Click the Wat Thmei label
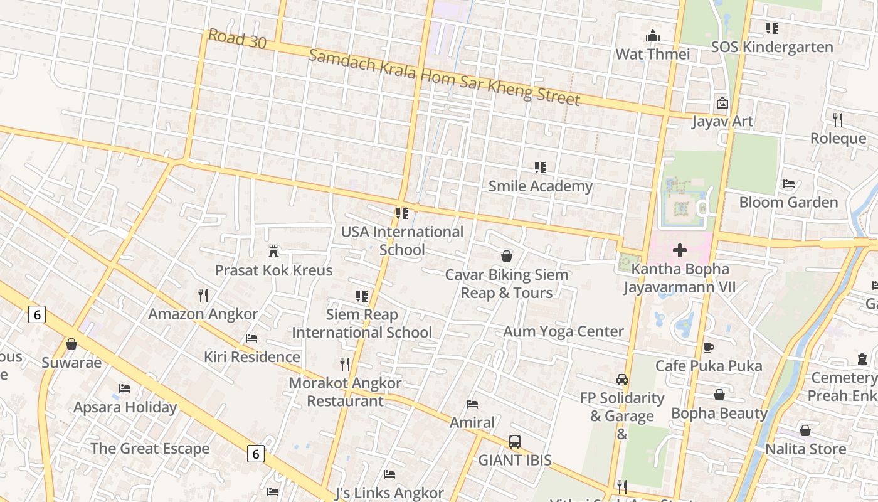point(652,54)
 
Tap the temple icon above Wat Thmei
point(653,36)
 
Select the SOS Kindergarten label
point(771,47)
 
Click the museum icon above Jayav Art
point(722,103)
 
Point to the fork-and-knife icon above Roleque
point(837,119)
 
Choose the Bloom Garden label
point(788,202)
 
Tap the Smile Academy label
point(540,186)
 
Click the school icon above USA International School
point(402,213)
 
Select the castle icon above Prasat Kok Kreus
point(273,252)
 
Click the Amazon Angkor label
point(203,314)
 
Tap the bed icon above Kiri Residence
point(251,338)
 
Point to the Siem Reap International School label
point(362,323)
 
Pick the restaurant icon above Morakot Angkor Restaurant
point(344,364)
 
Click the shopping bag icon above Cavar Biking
point(506,256)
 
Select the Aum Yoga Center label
point(563,331)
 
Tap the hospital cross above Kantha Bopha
point(679,251)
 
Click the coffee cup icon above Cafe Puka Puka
point(709,347)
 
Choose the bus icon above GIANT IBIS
point(515,442)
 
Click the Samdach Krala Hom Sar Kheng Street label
point(444,77)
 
